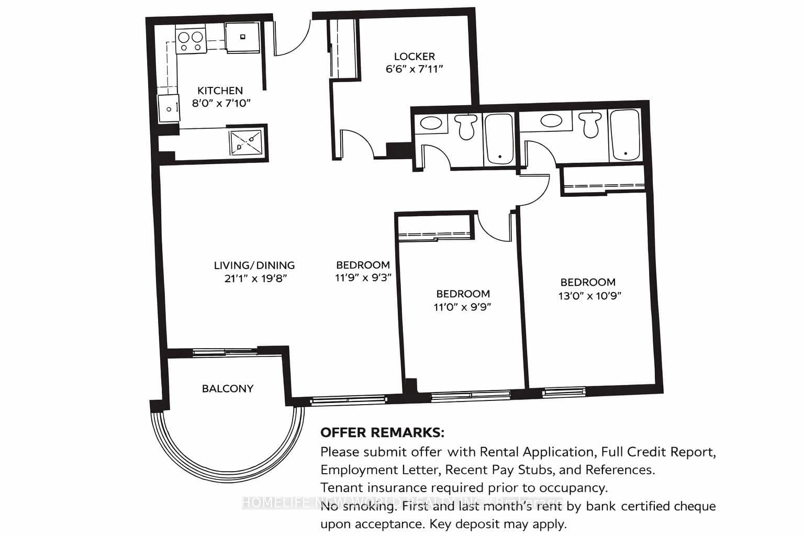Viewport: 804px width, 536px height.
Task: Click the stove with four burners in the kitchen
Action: click(x=189, y=41)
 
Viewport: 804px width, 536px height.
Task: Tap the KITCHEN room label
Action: click(x=220, y=91)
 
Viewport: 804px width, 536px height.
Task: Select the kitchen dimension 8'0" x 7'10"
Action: click(x=221, y=103)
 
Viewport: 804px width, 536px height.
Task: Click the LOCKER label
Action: click(x=414, y=56)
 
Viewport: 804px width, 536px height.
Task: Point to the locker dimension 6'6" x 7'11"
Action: click(x=414, y=69)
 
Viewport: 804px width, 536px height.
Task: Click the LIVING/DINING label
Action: click(x=254, y=265)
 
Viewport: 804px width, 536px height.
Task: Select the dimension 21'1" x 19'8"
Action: click(x=256, y=278)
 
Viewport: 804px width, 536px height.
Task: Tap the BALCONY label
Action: click(x=228, y=388)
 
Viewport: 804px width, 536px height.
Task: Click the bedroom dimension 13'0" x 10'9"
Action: click(x=589, y=295)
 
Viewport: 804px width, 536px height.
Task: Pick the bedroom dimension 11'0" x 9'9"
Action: click(x=463, y=307)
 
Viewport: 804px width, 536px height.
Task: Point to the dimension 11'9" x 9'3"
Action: click(x=363, y=277)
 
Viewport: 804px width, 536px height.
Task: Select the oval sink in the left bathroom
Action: click(x=431, y=124)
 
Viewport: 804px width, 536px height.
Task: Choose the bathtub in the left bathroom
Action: click(x=499, y=138)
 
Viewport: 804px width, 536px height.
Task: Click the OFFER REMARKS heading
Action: click(x=382, y=433)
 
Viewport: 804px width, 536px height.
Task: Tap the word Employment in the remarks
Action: click(x=352, y=470)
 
